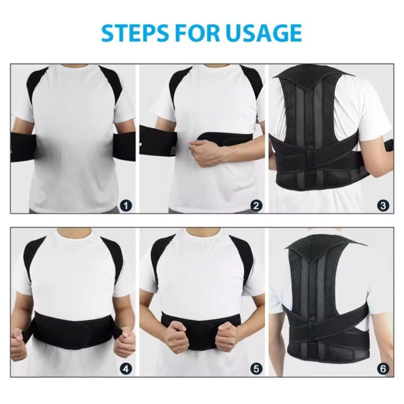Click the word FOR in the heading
tap(194, 33)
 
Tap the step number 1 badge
tap(126, 206)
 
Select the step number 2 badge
tap(256, 206)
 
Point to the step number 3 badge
tap(383, 206)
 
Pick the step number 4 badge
tap(126, 369)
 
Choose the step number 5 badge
tap(256, 369)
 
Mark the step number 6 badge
tap(383, 369)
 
